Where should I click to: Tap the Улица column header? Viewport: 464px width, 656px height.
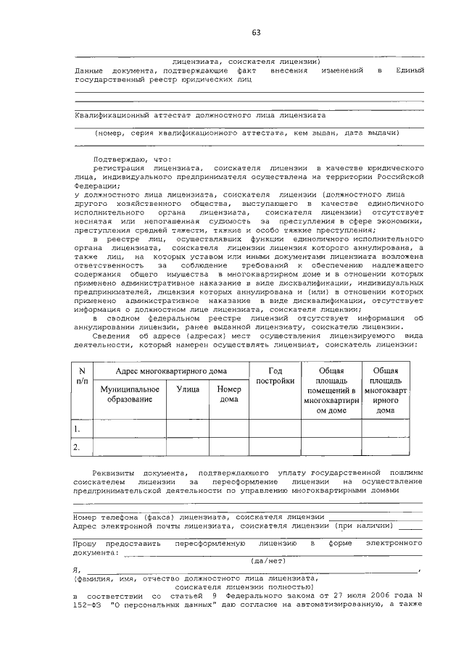click(x=188, y=389)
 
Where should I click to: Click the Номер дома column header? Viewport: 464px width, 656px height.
click(x=228, y=394)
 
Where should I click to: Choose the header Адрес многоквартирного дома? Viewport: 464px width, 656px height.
click(x=168, y=371)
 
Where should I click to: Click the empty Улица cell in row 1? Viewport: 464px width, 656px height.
click(x=188, y=428)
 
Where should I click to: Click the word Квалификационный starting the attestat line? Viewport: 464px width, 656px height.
click(x=109, y=115)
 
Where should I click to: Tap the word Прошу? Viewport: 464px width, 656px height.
click(x=86, y=542)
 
